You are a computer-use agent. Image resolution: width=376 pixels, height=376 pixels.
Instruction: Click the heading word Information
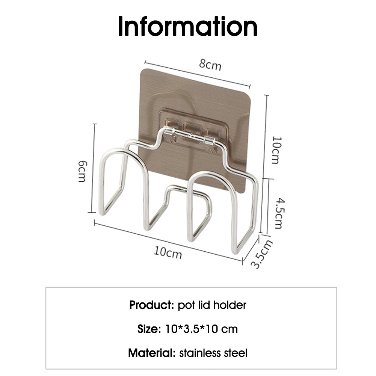tap(188, 26)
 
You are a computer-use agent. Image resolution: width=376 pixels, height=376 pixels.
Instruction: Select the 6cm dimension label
tap(82, 171)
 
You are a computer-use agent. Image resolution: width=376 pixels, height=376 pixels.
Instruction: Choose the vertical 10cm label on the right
tap(276, 150)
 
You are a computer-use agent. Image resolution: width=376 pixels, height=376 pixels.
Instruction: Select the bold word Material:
tap(152, 353)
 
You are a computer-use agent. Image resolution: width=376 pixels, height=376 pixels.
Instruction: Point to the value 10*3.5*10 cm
tap(201, 329)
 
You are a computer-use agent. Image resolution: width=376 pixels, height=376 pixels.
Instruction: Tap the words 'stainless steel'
tap(213, 353)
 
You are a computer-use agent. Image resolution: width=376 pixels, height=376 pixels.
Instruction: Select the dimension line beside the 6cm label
tap(95, 168)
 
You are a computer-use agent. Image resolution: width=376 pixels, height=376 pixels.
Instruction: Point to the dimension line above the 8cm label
tap(197, 74)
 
